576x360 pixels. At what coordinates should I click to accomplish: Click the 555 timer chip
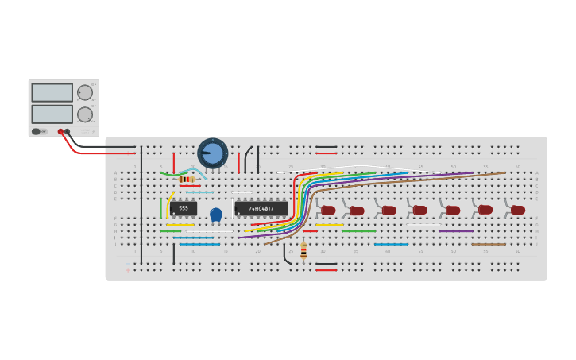183,208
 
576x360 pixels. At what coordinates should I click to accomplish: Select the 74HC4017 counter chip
261,208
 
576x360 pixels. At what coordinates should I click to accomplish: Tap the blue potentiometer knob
213,153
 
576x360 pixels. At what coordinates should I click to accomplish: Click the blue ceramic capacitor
216,214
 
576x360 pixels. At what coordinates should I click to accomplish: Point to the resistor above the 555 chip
187,180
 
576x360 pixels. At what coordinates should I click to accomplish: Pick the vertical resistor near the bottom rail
303,250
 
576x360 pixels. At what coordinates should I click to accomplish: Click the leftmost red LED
327,211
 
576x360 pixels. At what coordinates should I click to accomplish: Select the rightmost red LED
518,210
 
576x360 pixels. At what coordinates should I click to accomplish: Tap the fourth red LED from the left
419,210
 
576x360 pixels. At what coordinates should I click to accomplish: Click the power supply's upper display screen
52,92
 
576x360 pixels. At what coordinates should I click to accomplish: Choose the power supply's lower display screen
52,114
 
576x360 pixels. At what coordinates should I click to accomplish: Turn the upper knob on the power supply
85,92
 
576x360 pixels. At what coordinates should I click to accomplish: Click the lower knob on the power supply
85,114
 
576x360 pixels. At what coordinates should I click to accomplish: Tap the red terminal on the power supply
60,132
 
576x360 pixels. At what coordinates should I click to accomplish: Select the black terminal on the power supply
68,132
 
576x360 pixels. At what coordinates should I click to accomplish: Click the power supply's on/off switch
37,131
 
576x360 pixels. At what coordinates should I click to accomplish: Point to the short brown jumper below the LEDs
488,244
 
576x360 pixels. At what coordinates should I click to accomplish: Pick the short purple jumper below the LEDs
455,231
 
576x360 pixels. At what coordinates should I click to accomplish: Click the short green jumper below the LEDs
359,231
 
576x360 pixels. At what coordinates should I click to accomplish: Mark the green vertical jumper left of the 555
161,208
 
